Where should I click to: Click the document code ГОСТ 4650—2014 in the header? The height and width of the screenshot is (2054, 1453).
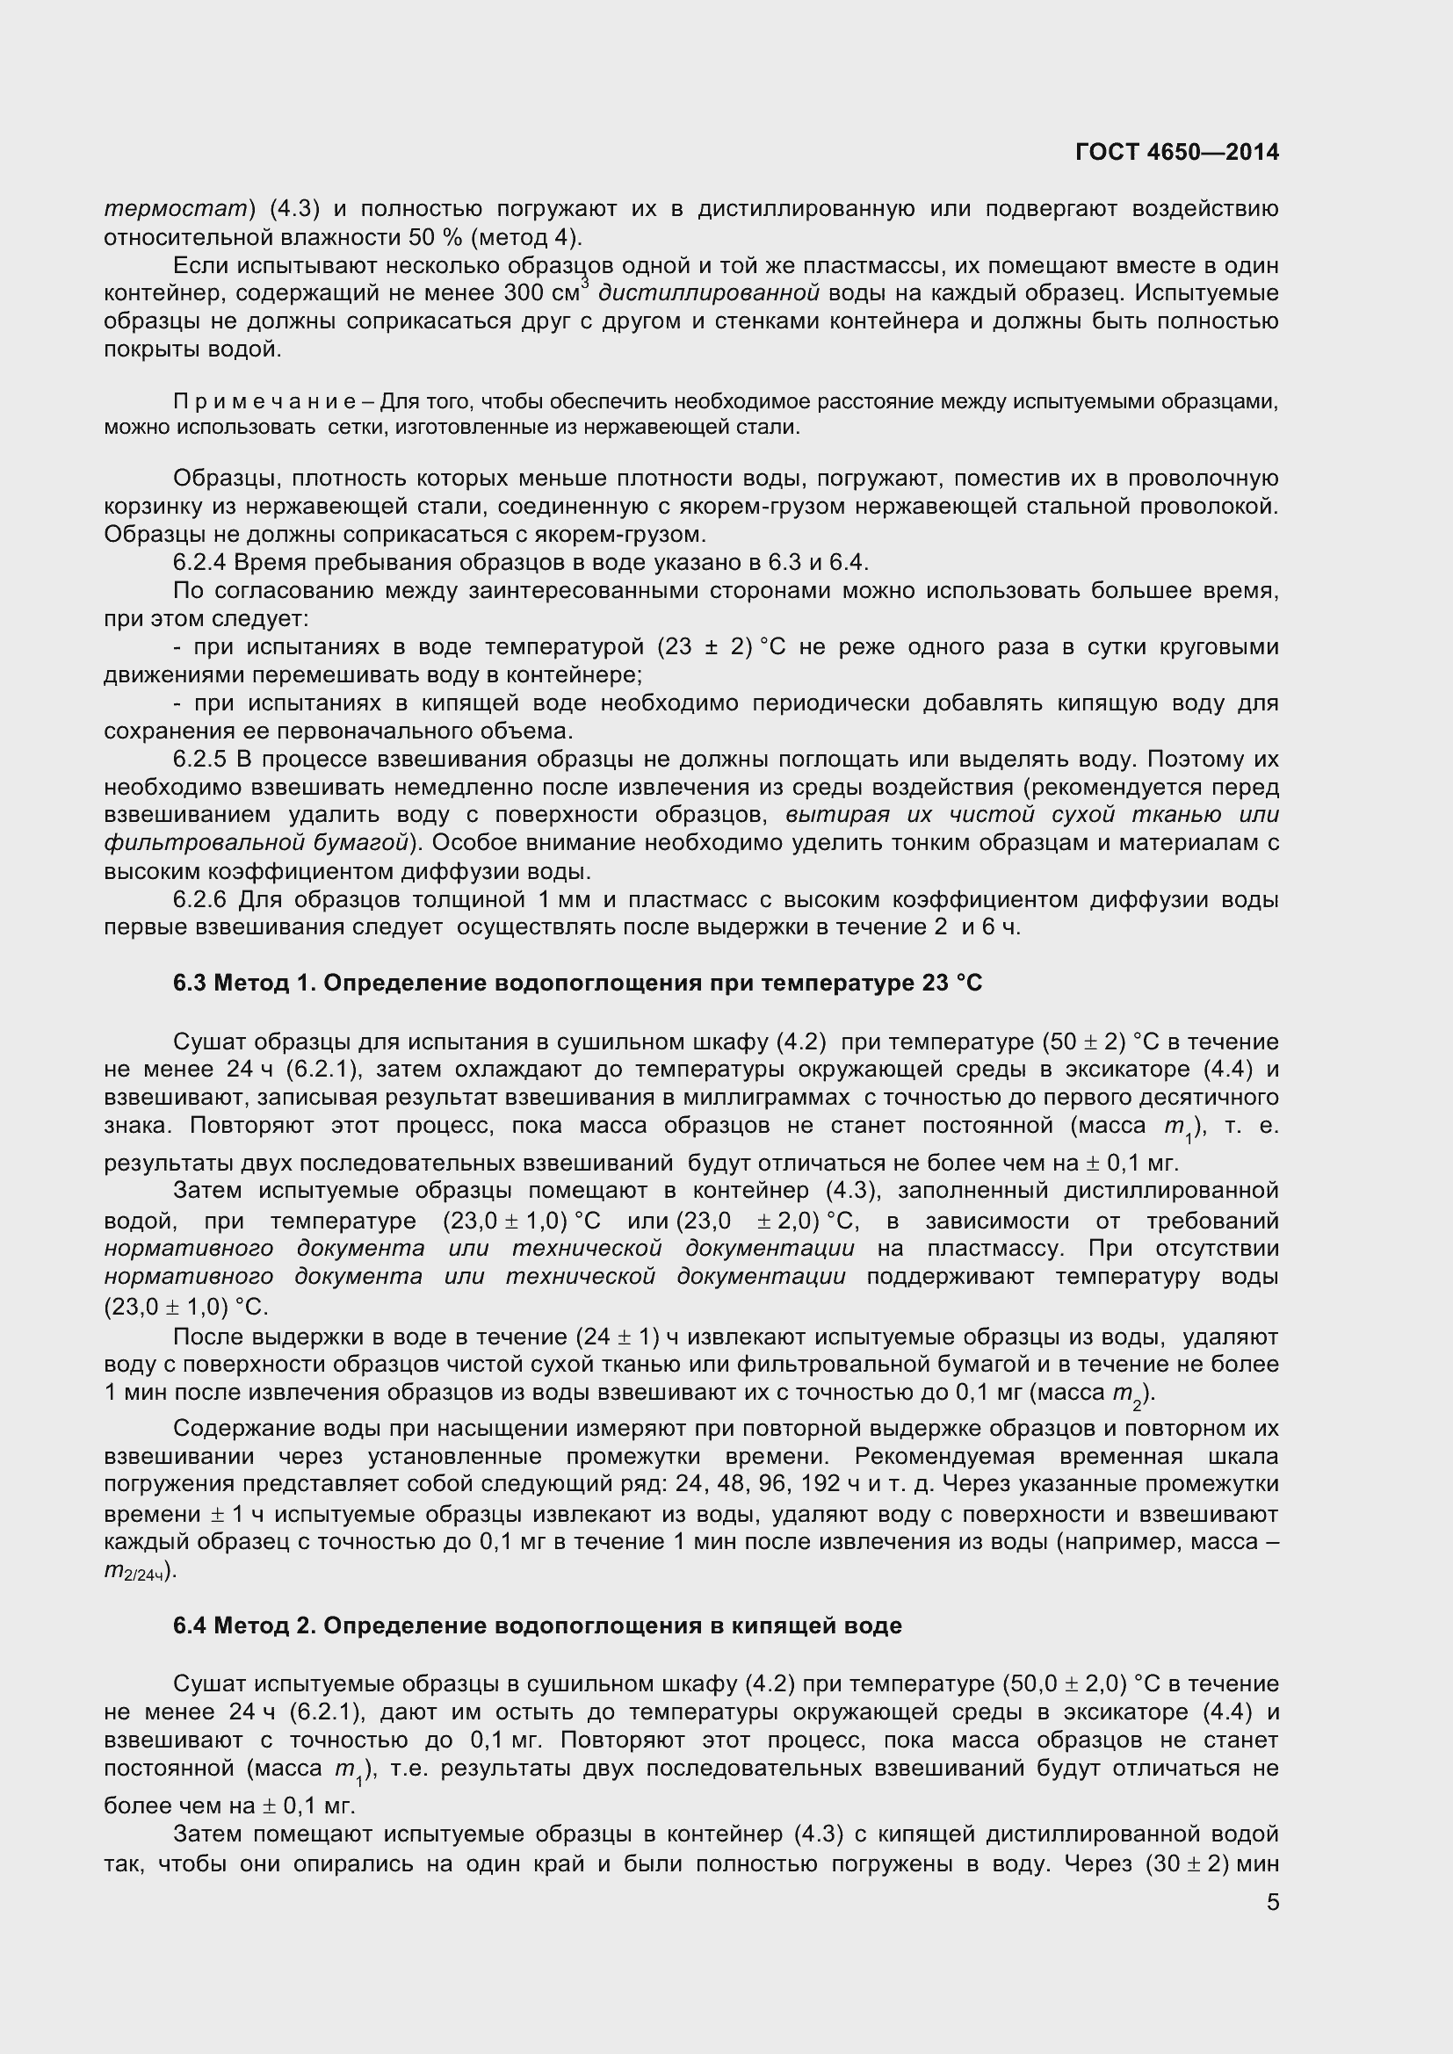[1176, 152]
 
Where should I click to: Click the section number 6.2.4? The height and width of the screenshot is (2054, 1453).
[200, 563]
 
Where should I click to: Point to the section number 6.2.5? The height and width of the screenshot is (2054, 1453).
[200, 760]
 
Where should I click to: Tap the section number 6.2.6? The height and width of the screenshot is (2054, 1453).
[200, 899]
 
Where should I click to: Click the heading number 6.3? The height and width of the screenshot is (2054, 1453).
[190, 984]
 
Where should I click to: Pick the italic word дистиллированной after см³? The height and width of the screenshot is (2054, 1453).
[709, 293]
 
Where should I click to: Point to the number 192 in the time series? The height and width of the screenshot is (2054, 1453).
[820, 1484]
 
